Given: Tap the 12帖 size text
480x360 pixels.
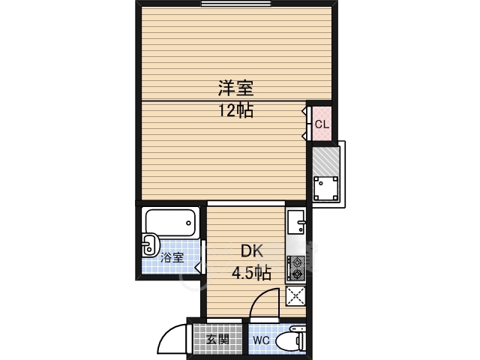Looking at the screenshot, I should coord(235,112).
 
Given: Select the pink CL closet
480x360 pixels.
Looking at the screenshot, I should coord(320,122).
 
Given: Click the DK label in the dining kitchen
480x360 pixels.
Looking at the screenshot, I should coord(252,253).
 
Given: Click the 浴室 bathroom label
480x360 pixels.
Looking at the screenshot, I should coord(172,258).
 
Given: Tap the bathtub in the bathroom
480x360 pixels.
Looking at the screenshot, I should coord(170,222).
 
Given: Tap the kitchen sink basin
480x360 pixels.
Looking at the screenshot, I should coord(296,223).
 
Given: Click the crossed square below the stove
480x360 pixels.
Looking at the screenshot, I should coord(295,295).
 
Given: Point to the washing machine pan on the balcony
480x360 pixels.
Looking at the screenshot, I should coord(325,187).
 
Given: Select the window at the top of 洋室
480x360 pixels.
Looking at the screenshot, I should coord(235,4).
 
